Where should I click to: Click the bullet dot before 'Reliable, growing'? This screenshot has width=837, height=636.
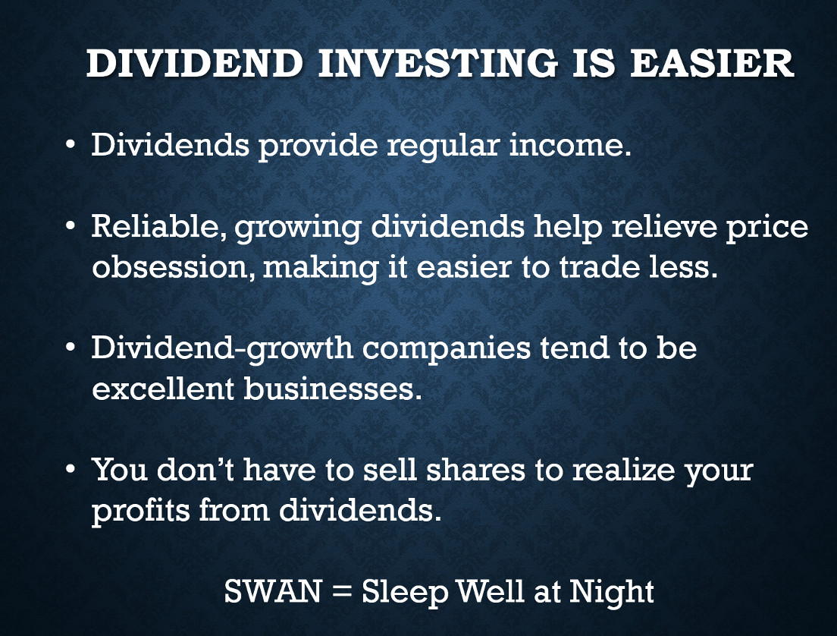coord(71,226)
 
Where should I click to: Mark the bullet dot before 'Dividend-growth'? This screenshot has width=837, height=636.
coord(71,348)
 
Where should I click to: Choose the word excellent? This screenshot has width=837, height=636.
coord(163,388)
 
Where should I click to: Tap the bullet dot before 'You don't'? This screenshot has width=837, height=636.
coord(71,469)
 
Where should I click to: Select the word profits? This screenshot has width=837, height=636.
coord(141,511)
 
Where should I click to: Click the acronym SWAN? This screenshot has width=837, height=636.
coord(272,591)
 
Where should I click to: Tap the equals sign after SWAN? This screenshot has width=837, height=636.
coord(341,592)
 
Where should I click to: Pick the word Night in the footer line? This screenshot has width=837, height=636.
coord(611,592)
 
